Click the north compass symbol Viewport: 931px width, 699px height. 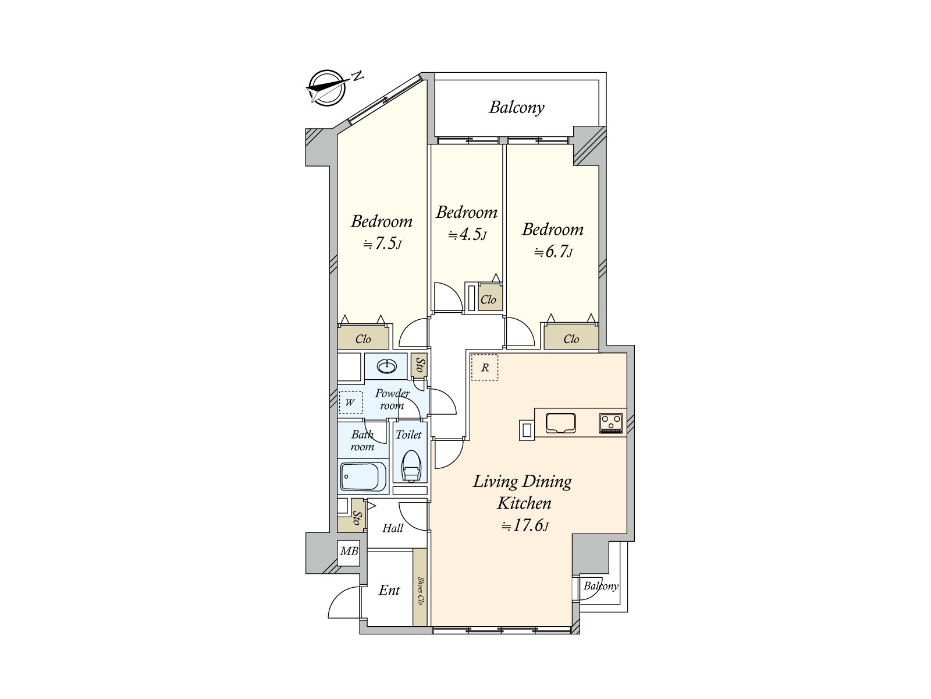point(327,89)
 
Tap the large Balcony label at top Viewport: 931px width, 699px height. point(516,107)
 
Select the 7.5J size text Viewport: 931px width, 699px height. point(382,244)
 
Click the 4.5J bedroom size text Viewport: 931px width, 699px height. point(467,235)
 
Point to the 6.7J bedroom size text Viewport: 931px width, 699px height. point(553,252)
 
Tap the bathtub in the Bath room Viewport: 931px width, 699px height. point(363,478)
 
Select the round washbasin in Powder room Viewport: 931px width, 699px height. point(386,366)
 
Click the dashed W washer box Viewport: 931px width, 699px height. point(350,402)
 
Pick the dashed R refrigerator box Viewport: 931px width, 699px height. point(485,368)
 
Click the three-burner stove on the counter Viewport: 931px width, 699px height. point(611,423)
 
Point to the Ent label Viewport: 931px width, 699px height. point(389,590)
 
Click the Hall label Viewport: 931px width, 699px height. point(393,528)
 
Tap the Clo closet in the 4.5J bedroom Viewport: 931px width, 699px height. point(488,299)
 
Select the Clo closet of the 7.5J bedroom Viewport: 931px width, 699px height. point(363,339)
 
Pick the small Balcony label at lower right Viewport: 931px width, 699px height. point(601,586)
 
